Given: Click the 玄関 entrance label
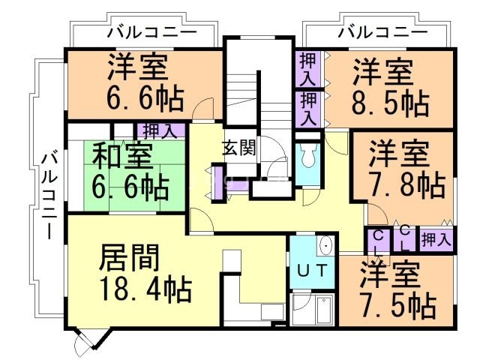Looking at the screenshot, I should coord(239,147).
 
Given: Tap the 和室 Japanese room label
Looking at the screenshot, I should coord(122,157).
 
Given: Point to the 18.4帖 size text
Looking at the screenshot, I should coord(145,288).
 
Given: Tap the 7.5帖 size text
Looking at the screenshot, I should coord(397,304).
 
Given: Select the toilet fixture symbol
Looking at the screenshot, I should coord(307,156).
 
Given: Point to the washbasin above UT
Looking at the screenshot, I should coord(325,245).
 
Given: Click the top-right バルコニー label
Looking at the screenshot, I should coord(382,32).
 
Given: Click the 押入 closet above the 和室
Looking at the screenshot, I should coord(159,130).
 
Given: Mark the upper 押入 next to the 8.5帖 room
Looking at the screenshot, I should coord(307,68).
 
